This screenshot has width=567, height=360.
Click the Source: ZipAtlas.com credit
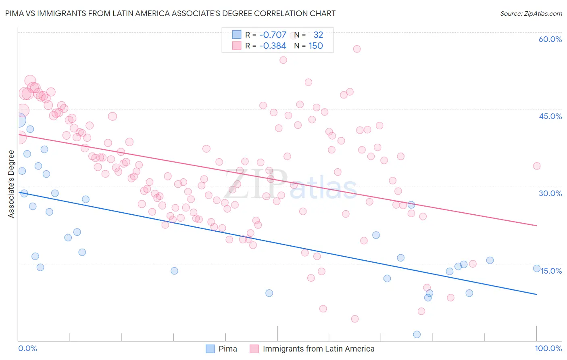[x=531, y=13]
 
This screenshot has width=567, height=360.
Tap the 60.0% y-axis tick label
[x=550, y=39]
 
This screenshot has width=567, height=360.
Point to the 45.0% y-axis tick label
[x=550, y=116]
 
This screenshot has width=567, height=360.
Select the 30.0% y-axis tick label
[x=550, y=193]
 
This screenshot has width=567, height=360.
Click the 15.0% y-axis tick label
[x=551, y=271]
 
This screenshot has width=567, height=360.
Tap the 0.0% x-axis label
[x=27, y=348]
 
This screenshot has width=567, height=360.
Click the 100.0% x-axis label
[x=548, y=348]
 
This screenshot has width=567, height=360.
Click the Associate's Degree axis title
[x=11, y=184]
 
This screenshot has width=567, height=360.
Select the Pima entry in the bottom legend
[x=227, y=349]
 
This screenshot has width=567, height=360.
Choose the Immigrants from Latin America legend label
[x=319, y=349]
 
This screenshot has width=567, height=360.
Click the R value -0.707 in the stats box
[x=273, y=35]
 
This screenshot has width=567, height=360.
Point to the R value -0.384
[x=273, y=46]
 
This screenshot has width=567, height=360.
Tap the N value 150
[x=316, y=46]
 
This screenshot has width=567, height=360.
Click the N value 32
[x=318, y=35]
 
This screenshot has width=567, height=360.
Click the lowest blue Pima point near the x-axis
[x=417, y=334]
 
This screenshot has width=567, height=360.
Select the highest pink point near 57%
[x=356, y=49]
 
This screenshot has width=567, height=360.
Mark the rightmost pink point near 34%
[x=537, y=166]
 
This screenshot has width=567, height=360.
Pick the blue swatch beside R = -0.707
[x=236, y=35]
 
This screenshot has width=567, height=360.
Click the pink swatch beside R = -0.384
[x=236, y=46]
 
